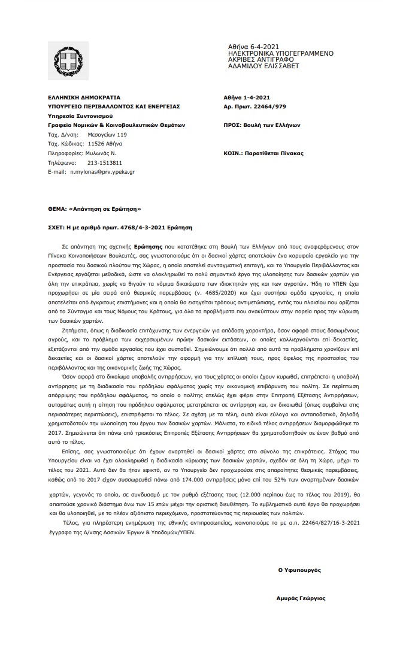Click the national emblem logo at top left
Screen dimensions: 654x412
coord(67,62)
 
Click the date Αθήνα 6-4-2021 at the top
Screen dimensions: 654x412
coord(253,47)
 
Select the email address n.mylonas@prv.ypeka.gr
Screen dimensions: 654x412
coord(102,171)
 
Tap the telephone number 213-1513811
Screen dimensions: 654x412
coord(105,162)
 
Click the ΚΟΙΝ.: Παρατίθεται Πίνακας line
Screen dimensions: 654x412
coord(263,153)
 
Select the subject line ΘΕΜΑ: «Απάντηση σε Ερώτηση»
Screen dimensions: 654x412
coord(94,209)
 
